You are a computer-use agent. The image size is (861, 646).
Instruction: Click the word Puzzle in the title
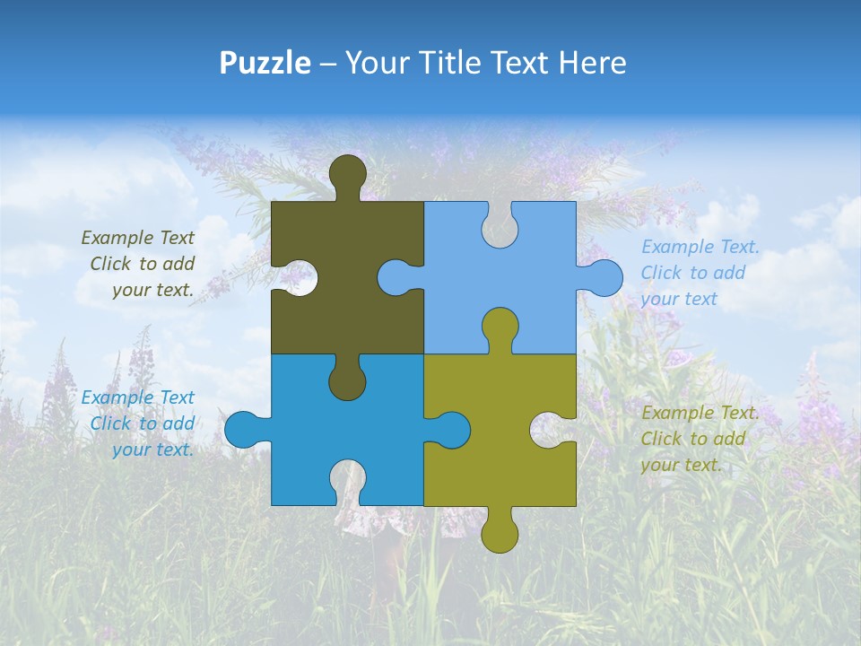[x=265, y=64]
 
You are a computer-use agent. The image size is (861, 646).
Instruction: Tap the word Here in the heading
[x=591, y=63]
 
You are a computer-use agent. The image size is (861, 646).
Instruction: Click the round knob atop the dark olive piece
[x=347, y=174]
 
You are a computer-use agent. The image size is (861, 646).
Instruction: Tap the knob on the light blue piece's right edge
[x=602, y=277]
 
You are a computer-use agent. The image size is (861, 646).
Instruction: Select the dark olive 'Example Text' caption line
[x=137, y=238]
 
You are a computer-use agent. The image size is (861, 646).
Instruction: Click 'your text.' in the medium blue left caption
[x=152, y=450]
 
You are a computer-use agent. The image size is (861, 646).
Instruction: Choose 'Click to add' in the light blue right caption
[x=692, y=273]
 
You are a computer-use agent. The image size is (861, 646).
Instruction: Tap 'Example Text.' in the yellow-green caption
[x=700, y=413]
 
